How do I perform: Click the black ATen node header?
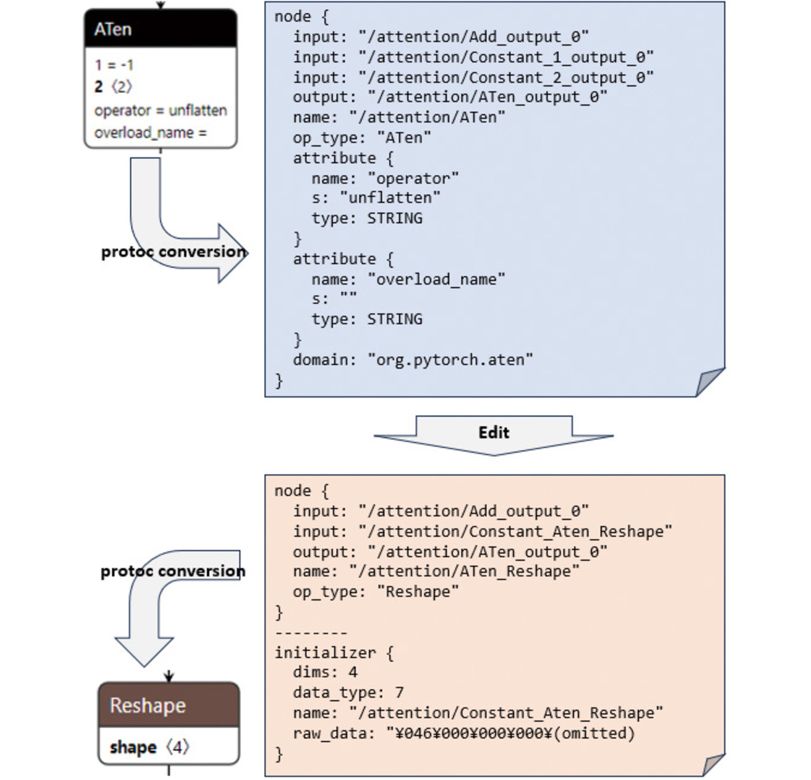pos(160,29)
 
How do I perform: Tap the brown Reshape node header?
pos(169,705)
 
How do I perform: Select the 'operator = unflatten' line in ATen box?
pos(160,110)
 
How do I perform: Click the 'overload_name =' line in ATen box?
pos(150,133)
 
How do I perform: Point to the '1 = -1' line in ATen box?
pos(114,64)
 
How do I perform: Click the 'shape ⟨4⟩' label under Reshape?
pos(149,747)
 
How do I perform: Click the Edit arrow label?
pos(493,432)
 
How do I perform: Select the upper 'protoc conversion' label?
pos(174,252)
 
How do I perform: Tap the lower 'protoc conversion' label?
pos(173,571)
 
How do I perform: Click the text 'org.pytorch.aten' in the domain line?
pos(450,360)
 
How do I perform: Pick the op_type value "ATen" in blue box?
pos(404,138)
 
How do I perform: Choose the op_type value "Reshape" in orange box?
pos(418,592)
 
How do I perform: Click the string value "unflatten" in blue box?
pos(390,198)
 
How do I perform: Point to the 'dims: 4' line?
pos(325,672)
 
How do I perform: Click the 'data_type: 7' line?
pos(348,693)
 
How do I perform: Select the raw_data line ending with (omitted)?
pos(464,733)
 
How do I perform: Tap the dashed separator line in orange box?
pos(311,633)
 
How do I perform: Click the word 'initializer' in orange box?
pos(325,652)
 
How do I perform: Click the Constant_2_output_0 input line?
pos(473,77)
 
